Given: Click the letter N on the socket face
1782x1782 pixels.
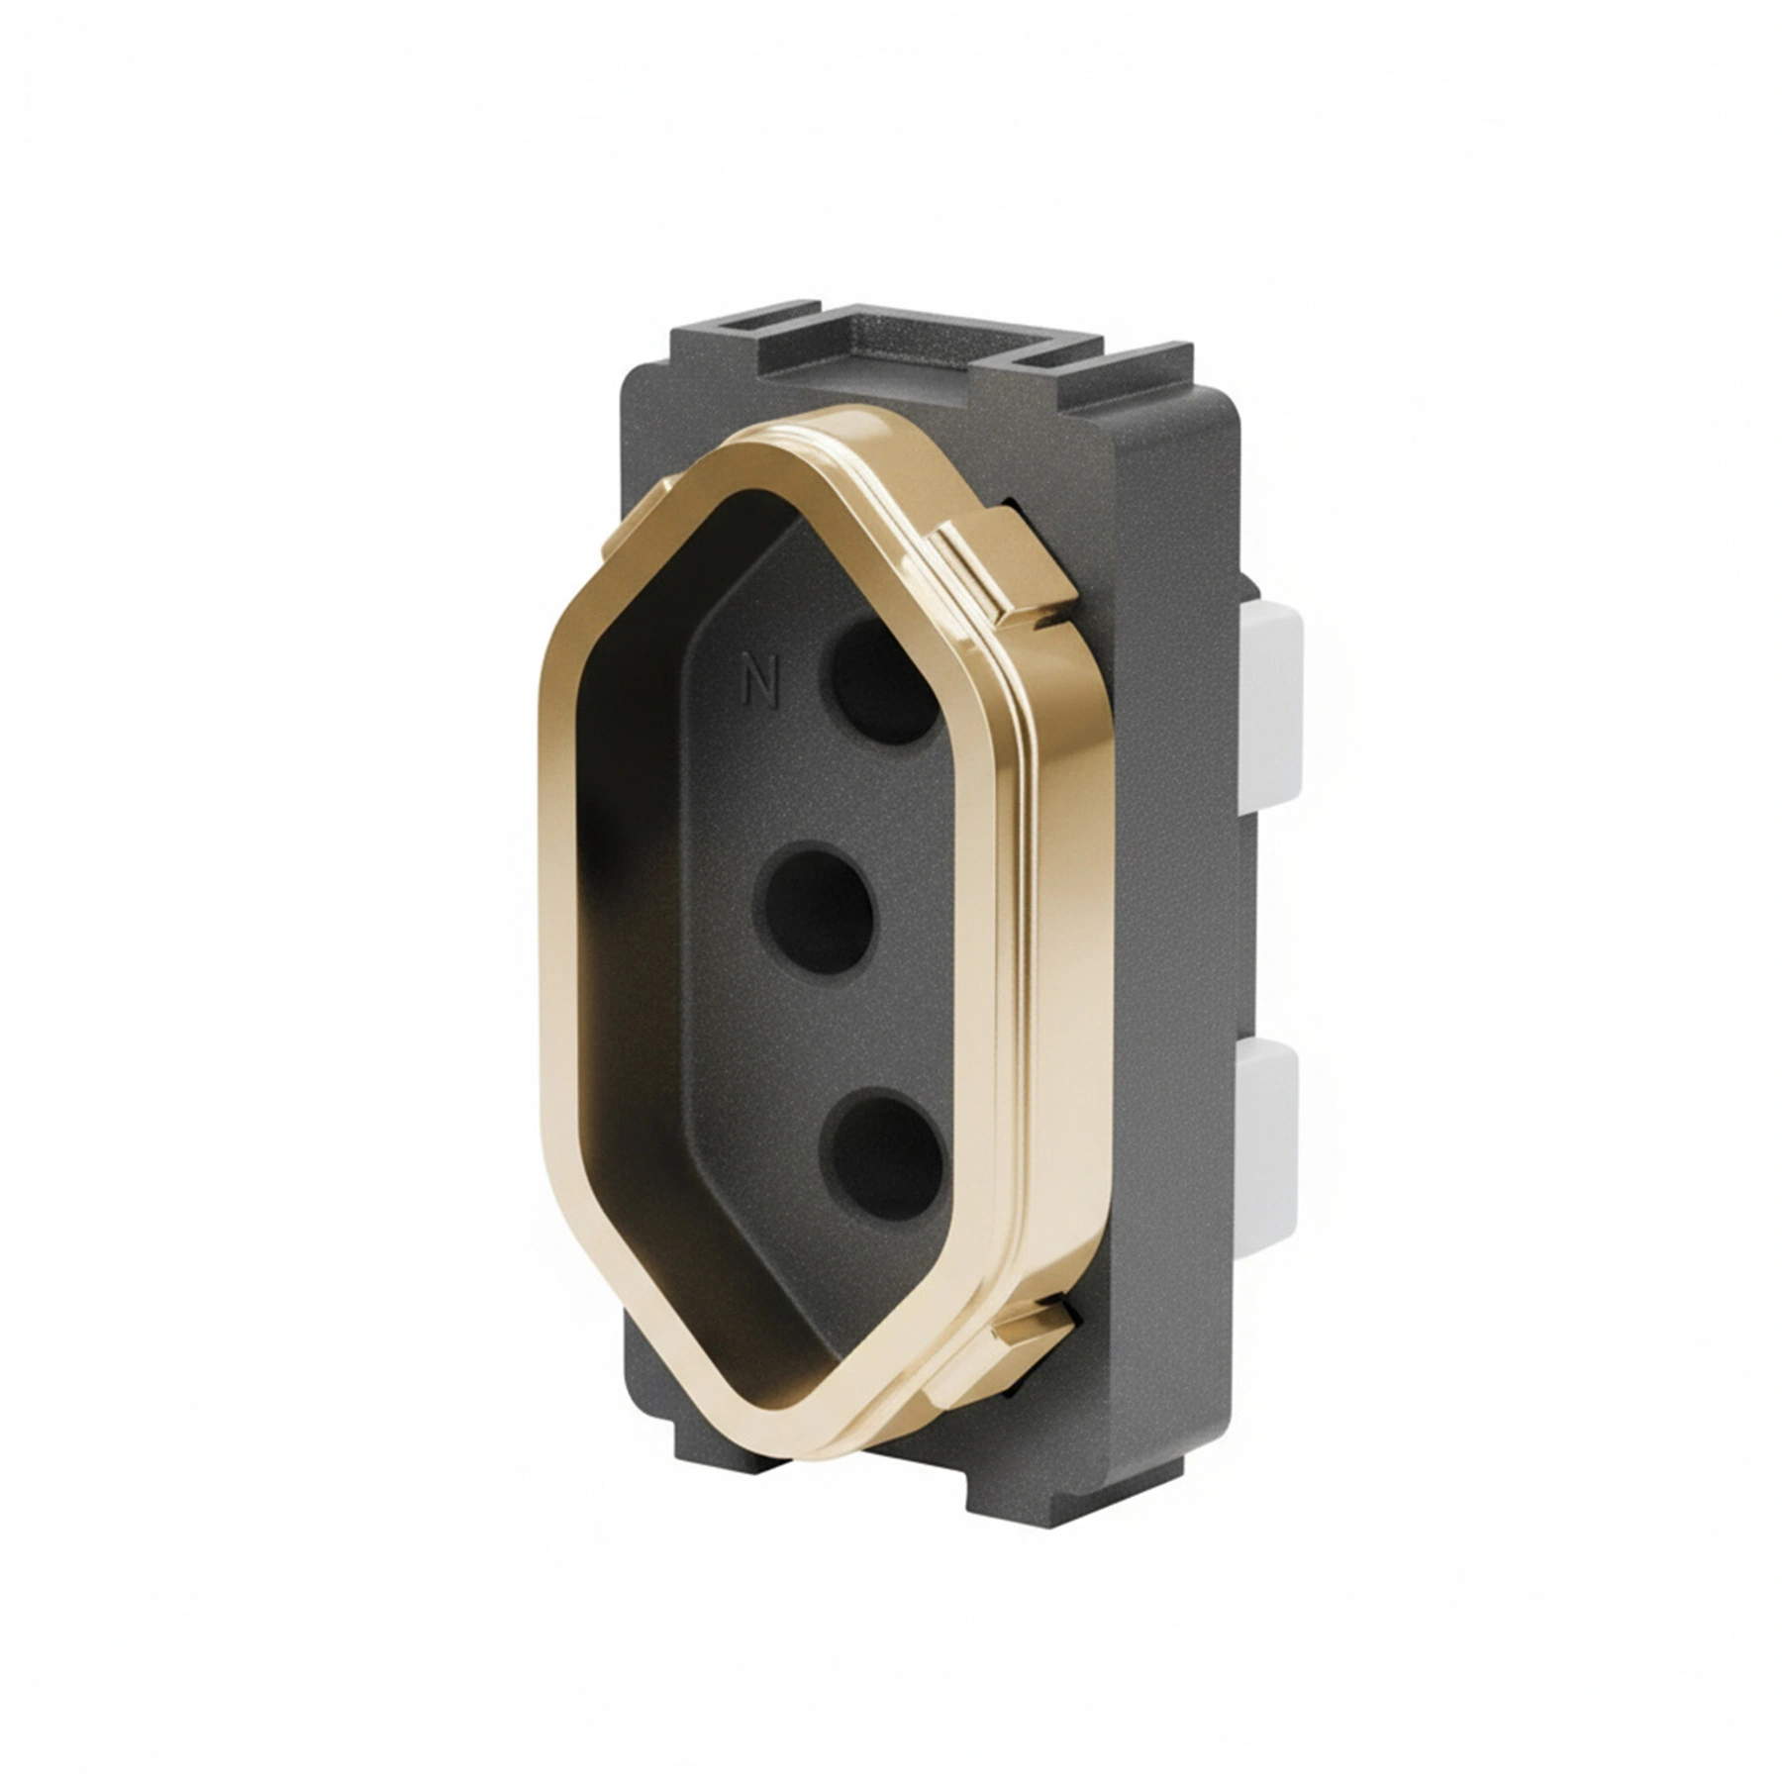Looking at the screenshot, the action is click(x=761, y=682).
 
